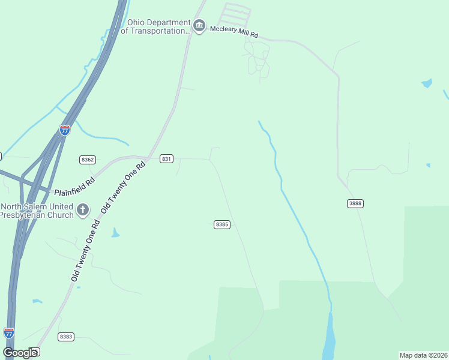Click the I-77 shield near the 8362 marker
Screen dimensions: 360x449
click(65, 129)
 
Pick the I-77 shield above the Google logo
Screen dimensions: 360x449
click(8, 332)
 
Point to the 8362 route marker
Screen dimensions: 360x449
click(88, 159)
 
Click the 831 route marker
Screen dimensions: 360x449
click(167, 159)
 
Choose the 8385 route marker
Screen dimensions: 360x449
click(221, 224)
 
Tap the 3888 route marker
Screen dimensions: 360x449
click(355, 203)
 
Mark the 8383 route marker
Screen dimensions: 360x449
click(66, 337)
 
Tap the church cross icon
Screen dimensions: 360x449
click(83, 210)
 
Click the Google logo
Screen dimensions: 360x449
click(20, 352)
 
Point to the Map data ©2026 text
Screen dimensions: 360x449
click(423, 355)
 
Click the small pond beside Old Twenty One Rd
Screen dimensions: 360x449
click(115, 233)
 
